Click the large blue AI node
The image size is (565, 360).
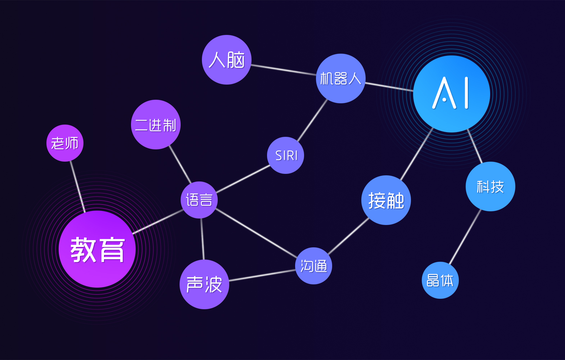click(x=452, y=94)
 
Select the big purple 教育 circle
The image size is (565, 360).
click(x=97, y=249)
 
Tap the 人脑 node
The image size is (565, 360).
click(x=227, y=60)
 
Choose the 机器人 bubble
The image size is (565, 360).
click(x=341, y=78)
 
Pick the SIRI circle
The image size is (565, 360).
click(x=285, y=155)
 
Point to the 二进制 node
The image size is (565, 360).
click(x=155, y=125)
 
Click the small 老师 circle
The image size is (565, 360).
click(x=65, y=143)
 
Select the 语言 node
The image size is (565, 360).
click(x=199, y=200)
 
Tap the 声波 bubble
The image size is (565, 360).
click(x=204, y=284)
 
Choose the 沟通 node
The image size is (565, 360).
click(x=313, y=266)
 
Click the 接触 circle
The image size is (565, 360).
click(x=386, y=200)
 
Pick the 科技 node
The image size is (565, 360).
click(x=491, y=186)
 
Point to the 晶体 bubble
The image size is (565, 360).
click(x=440, y=280)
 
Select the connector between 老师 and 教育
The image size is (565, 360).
click(x=77, y=186)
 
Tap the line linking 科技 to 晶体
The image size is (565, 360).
click(x=465, y=237)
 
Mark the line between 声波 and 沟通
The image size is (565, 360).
click(x=262, y=275)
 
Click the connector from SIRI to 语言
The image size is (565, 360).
click(x=243, y=179)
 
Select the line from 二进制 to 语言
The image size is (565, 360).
click(x=180, y=164)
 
